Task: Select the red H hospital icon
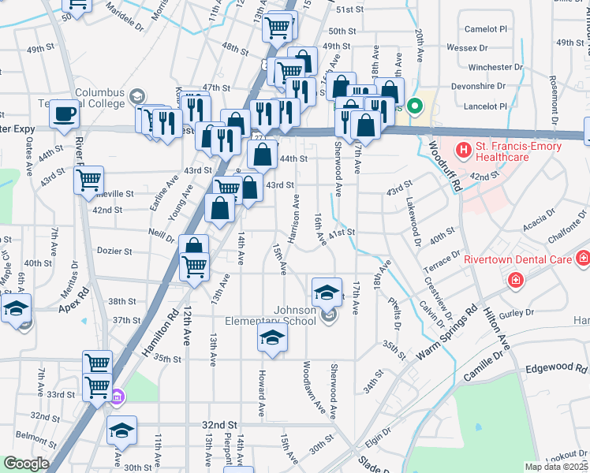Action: (x=462, y=147)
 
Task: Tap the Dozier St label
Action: (x=115, y=251)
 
